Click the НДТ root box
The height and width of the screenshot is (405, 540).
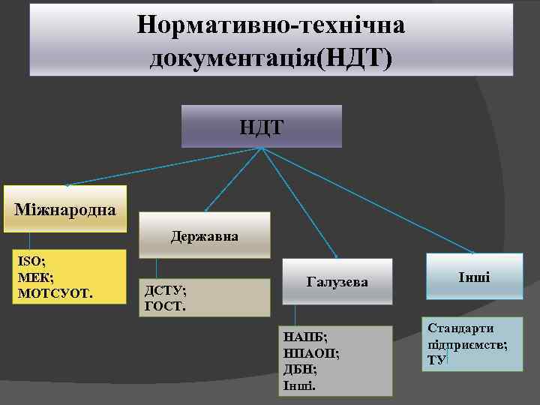[x=262, y=126]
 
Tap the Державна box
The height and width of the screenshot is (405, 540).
[x=204, y=235]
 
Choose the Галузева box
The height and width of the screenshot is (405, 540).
[x=337, y=281]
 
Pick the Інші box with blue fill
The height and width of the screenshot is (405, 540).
[x=474, y=277]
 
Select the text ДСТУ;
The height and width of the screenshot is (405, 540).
[x=165, y=291]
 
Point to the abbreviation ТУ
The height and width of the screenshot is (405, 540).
[x=436, y=360]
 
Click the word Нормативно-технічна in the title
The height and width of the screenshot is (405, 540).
[x=271, y=25]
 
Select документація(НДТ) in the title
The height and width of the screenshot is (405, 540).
[x=271, y=57]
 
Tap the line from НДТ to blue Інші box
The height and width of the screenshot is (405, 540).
[x=367, y=199]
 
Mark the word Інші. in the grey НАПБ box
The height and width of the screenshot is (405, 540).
[x=300, y=385]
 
